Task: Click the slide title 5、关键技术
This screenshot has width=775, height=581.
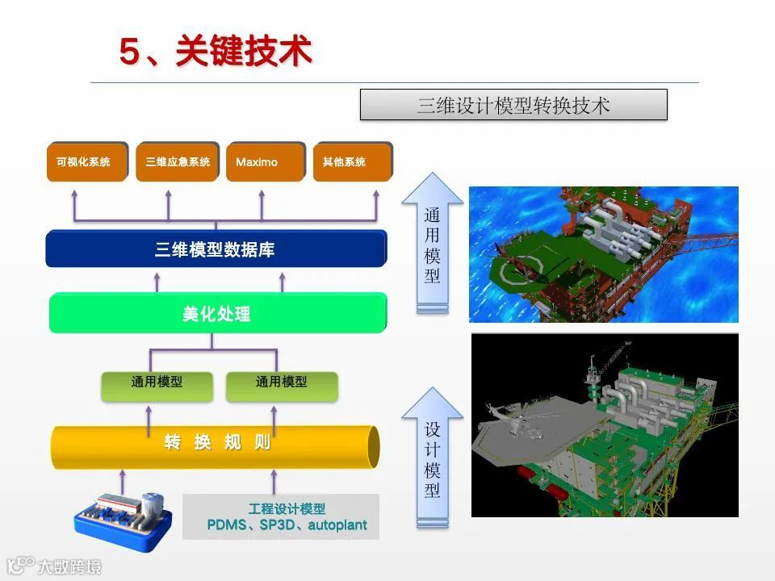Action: [216, 52]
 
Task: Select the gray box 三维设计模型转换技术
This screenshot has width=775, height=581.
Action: [513, 105]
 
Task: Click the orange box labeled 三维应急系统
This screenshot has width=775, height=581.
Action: [178, 162]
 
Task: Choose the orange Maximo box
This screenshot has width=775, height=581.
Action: [266, 162]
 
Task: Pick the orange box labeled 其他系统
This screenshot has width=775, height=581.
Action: [352, 162]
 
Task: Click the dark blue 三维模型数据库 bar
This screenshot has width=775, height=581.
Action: [216, 249]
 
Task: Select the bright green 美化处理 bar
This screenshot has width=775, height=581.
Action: [217, 313]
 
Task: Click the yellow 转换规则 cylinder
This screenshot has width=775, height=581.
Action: [216, 443]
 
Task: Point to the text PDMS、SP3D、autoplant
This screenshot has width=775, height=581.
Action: [287, 525]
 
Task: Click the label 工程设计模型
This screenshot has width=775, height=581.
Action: [287, 508]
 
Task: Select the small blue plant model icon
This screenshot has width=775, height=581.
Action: [121, 514]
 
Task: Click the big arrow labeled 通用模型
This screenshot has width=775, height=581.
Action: [433, 242]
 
